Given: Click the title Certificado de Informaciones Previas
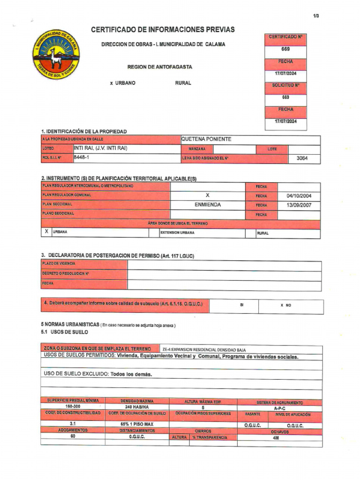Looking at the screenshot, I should click(x=163, y=30).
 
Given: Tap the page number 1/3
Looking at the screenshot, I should click(x=316, y=16).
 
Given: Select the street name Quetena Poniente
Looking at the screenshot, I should click(x=206, y=139).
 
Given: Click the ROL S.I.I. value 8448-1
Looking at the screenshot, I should click(x=82, y=158).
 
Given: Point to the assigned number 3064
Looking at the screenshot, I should click(x=302, y=158).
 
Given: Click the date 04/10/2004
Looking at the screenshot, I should click(x=299, y=196).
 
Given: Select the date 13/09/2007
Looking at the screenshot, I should click(x=299, y=205).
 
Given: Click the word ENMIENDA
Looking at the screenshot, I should click(x=208, y=205).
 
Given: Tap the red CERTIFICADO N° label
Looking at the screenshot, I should click(x=285, y=37).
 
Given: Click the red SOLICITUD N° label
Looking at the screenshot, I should click(x=285, y=86).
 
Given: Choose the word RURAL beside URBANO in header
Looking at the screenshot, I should click(x=183, y=83).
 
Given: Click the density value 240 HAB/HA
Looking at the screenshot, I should click(x=137, y=407).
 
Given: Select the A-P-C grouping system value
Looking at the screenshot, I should click(x=280, y=408).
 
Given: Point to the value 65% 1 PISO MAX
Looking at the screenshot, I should click(x=137, y=425).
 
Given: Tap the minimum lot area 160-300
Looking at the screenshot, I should click(x=73, y=407).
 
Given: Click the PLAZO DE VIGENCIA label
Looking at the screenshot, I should click(x=59, y=263).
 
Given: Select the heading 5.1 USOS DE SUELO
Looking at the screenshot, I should click(x=64, y=332).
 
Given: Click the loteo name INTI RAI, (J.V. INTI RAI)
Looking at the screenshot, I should click(x=101, y=149).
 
